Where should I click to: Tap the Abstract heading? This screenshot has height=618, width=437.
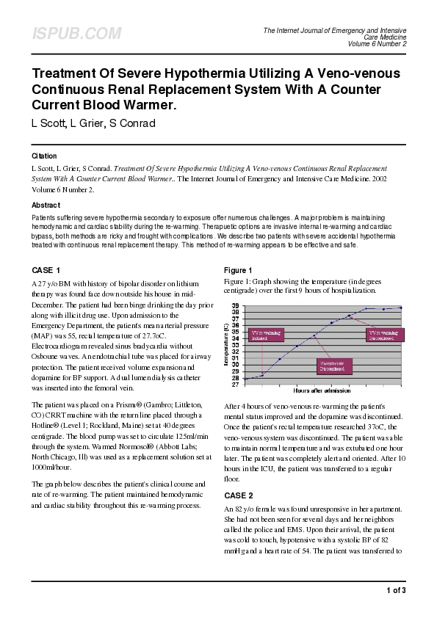click(46, 206)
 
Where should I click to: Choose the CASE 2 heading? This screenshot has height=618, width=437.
click(238, 495)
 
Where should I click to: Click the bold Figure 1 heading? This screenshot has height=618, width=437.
click(238, 270)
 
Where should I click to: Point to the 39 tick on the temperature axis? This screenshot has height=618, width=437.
click(235, 305)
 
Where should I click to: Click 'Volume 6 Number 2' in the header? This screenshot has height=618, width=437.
click(377, 43)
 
